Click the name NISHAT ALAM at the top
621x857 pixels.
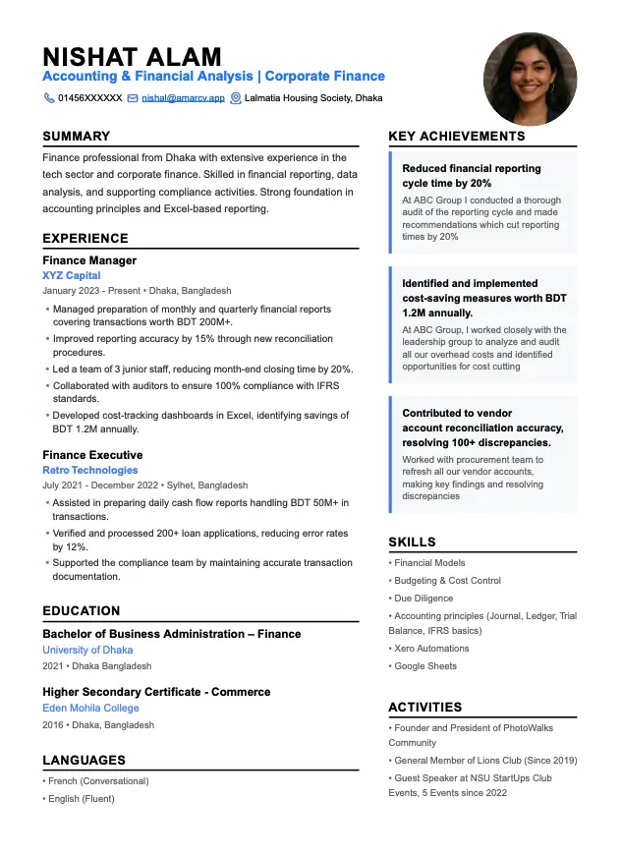click(x=132, y=56)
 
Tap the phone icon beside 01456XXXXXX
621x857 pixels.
click(x=49, y=98)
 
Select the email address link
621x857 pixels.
click(x=183, y=98)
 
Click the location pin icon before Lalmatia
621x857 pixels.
click(x=236, y=98)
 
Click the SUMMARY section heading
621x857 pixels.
click(x=77, y=137)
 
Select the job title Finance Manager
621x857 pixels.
click(x=89, y=260)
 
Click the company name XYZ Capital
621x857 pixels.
click(x=72, y=276)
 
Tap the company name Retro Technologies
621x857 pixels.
click(x=90, y=470)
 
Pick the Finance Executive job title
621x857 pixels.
click(x=92, y=455)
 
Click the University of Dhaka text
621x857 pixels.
click(x=87, y=650)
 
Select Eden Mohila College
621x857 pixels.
click(x=90, y=708)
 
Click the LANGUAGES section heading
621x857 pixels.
click(x=84, y=760)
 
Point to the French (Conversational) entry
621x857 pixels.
click(x=98, y=781)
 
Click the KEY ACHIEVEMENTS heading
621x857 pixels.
click(x=457, y=137)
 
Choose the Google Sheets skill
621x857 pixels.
click(x=425, y=666)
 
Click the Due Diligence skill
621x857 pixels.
click(x=423, y=598)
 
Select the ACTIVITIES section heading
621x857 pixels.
click(x=424, y=707)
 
